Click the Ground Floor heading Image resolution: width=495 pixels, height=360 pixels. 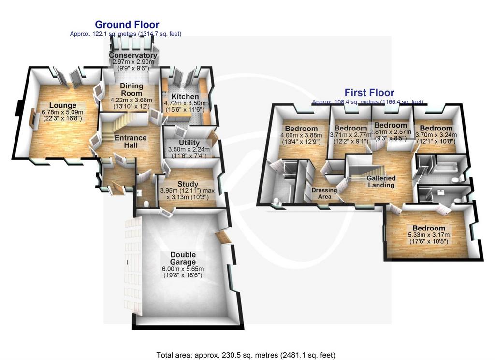click(x=127, y=24)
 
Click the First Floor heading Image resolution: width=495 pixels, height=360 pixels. click(x=369, y=93)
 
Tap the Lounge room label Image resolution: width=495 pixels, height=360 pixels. click(x=63, y=105)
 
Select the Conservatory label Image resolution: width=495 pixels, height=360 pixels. click(x=133, y=55)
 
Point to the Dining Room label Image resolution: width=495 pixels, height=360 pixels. click(x=131, y=89)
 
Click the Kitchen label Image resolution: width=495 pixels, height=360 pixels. click(x=185, y=96)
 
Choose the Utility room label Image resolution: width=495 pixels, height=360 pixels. click(x=189, y=143)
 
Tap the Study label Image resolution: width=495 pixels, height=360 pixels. click(x=188, y=184)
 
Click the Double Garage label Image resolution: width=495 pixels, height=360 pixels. click(x=183, y=258)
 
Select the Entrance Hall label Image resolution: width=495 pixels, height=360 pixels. click(x=131, y=142)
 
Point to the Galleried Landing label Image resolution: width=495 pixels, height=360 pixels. click(x=381, y=181)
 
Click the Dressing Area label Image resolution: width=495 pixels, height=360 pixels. click(x=324, y=193)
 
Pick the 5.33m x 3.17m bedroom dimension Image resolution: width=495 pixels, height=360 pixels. click(x=429, y=235)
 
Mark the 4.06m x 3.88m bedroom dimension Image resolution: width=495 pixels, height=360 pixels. click(x=301, y=135)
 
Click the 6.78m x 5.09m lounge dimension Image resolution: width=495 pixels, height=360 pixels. click(x=62, y=112)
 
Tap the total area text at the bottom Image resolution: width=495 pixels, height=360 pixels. click(x=246, y=355)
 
